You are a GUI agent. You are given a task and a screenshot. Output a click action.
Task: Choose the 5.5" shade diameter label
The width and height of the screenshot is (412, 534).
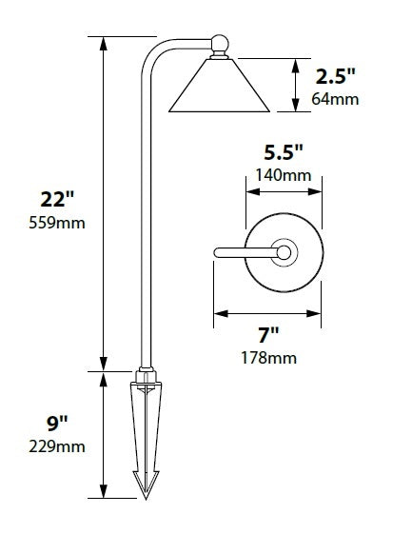coord(284,151)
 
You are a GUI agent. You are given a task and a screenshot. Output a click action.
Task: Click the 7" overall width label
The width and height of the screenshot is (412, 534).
coord(268,334)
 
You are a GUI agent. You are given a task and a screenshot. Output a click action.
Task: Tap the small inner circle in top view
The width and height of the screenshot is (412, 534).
coord(283,252)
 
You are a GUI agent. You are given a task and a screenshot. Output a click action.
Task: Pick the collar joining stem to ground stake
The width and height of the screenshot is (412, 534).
coord(145,374)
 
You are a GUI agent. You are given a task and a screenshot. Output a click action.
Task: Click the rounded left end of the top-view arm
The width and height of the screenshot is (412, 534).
coord(218,252)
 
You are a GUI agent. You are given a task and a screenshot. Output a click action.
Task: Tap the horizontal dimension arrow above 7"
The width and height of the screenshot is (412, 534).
coord(267,310)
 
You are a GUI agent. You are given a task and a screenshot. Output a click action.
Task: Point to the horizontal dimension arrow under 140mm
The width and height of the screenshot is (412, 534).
coord(284,189)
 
